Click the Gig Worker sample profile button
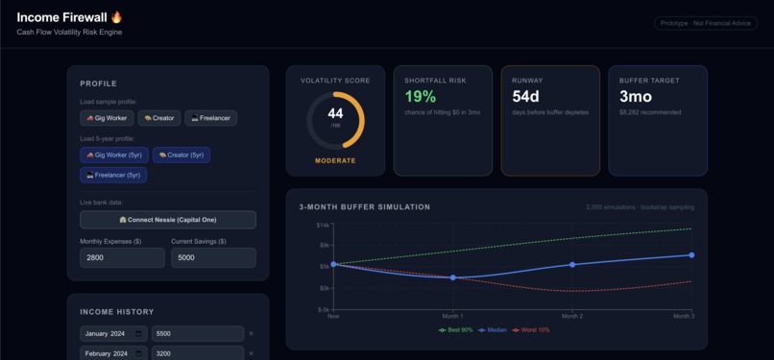(106, 118)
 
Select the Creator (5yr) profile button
(181, 155)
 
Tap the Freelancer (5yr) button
(113, 175)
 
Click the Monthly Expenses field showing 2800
(122, 257)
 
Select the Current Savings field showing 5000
(213, 257)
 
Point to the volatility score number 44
(335, 114)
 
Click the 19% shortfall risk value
(421, 97)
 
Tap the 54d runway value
(526, 97)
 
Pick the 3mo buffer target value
(636, 97)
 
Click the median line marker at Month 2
(572, 265)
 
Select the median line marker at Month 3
(691, 255)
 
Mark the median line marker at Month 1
(452, 277)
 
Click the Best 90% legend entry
(456, 330)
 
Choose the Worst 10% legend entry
(531, 330)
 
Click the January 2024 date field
(113, 334)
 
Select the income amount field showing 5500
(197, 334)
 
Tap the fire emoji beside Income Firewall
(117, 17)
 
